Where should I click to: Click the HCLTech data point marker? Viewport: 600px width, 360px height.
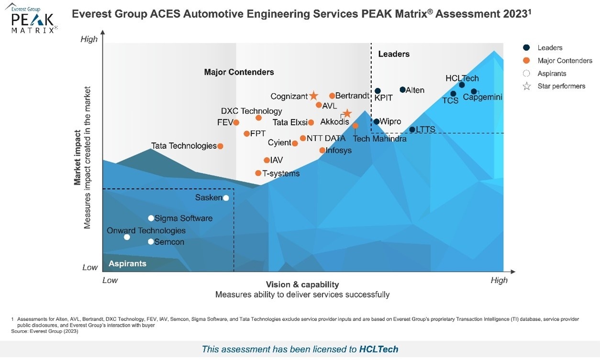(x=462, y=85)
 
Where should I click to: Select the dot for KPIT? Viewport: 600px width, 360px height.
(x=378, y=91)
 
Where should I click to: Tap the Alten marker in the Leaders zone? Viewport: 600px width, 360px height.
(x=402, y=90)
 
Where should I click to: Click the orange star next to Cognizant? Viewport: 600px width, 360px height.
(x=313, y=96)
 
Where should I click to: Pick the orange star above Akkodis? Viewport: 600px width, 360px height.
(x=347, y=113)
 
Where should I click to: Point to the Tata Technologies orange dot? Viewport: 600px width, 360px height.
(x=220, y=146)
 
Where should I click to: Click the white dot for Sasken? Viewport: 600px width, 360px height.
(x=226, y=198)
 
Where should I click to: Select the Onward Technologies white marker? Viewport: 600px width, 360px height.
(x=127, y=237)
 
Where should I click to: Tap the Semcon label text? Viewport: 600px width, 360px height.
(x=169, y=242)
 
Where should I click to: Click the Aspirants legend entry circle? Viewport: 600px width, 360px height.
(x=527, y=74)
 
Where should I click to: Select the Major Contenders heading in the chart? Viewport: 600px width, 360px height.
(x=239, y=72)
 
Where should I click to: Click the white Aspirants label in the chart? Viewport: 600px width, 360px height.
(x=127, y=264)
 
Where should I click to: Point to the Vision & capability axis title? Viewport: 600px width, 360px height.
(x=302, y=284)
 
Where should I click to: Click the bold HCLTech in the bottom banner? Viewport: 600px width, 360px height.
(x=378, y=349)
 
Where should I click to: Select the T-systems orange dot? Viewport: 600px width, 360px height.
(x=258, y=173)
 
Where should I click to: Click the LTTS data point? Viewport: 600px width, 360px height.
(x=412, y=130)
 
